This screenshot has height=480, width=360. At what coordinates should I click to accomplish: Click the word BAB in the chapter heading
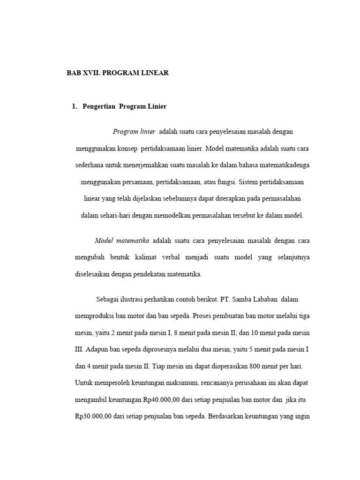point(74,73)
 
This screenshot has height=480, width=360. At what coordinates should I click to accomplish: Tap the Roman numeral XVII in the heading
point(93,73)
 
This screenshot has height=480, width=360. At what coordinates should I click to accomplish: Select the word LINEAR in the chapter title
point(153,73)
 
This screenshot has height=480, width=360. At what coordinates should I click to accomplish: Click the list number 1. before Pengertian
point(75,106)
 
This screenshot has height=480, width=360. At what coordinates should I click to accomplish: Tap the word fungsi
point(227,182)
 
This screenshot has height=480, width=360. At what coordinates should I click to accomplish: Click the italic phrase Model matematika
point(122,240)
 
